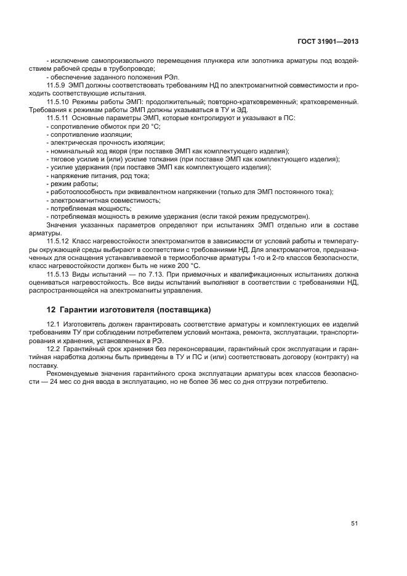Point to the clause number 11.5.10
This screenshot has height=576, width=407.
tap(59, 101)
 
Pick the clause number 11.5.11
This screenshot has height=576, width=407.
tap(59, 117)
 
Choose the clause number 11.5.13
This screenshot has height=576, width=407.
tap(59, 272)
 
